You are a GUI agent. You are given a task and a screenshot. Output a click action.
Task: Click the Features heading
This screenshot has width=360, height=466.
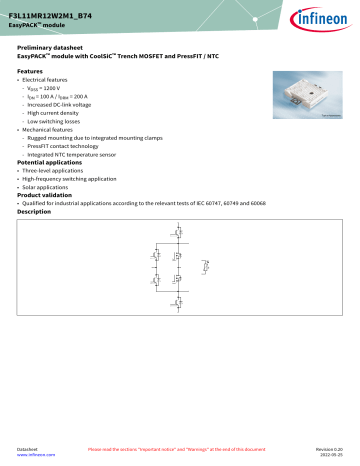click(x=30, y=72)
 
